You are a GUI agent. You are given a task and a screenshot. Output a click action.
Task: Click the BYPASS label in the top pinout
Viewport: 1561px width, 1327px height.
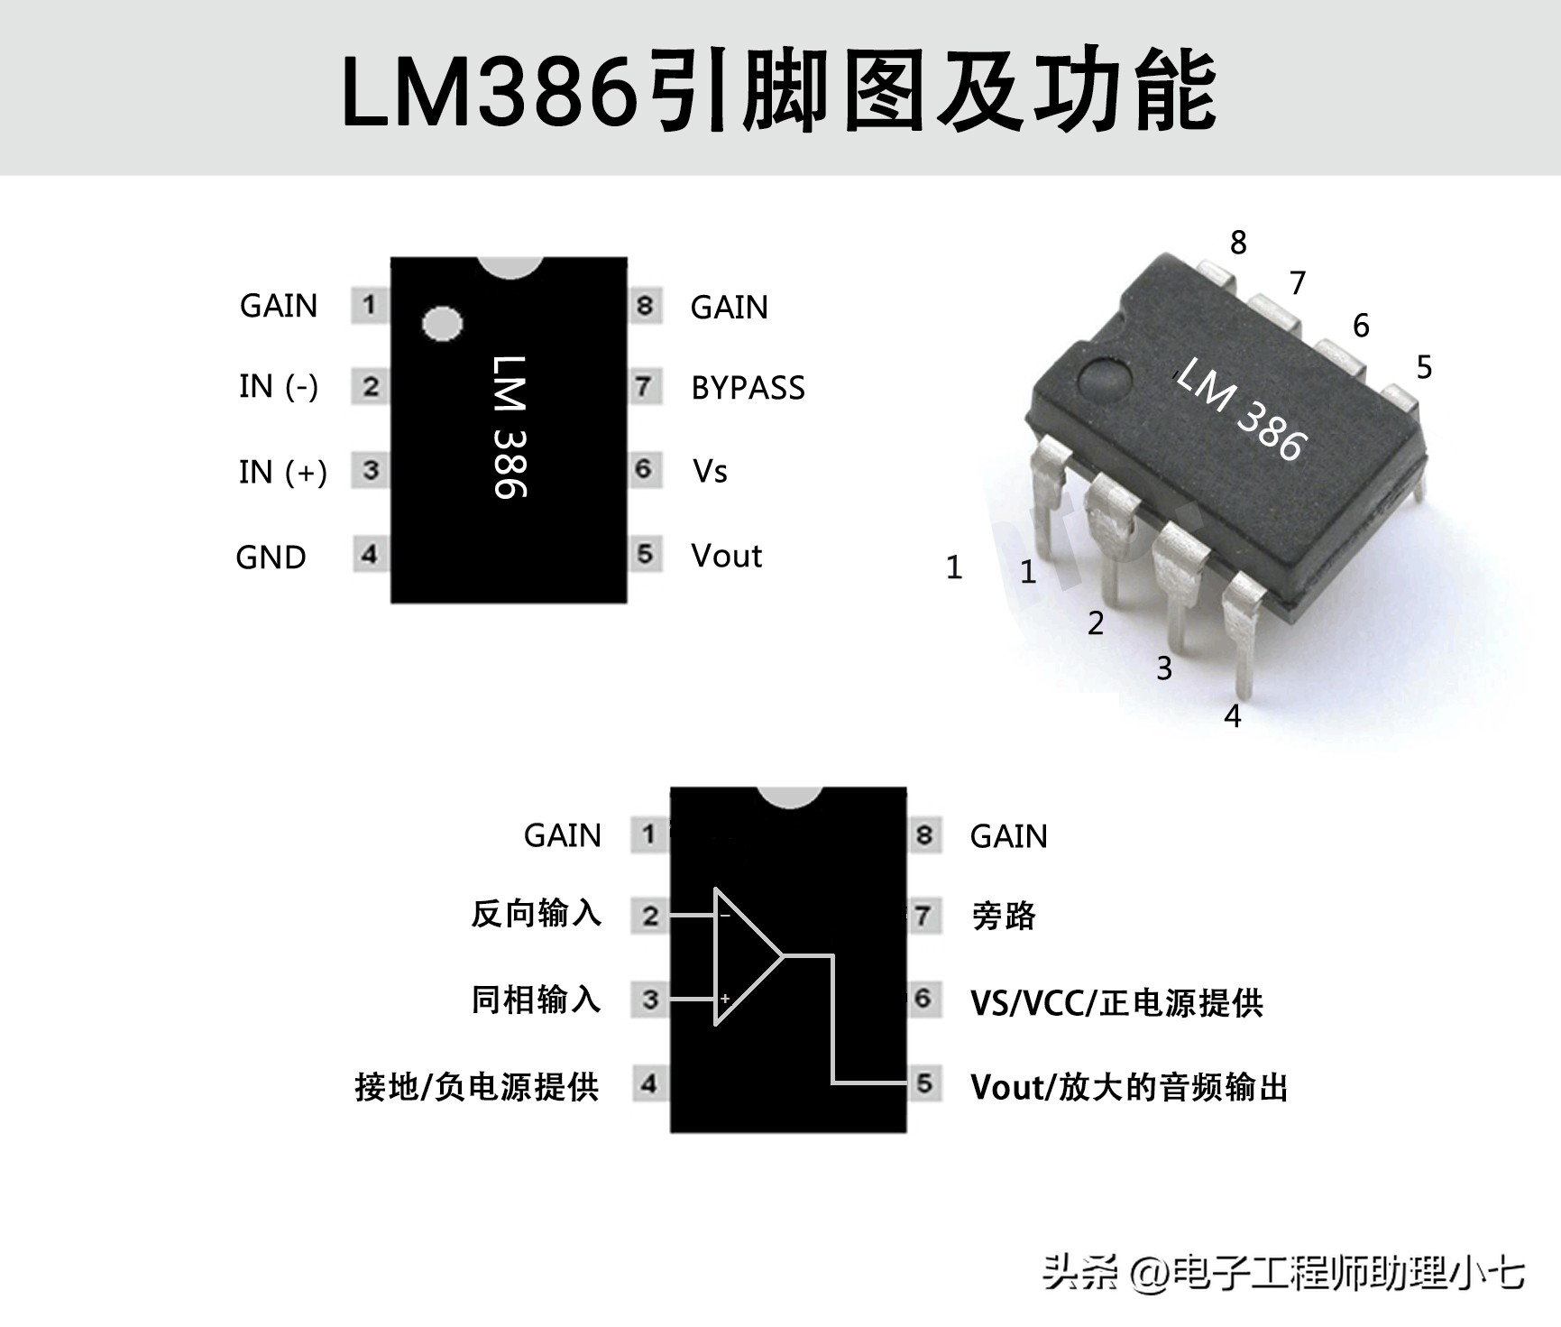pos(748,388)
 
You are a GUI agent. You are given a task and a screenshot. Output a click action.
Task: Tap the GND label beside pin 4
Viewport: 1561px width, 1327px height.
pos(271,558)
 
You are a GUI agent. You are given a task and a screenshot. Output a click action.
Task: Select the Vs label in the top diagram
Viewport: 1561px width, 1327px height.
pos(710,471)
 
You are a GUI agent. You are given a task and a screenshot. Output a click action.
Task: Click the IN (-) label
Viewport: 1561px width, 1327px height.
pos(279,386)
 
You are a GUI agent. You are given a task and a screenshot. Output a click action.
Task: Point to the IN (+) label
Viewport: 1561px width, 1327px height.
pos(282,472)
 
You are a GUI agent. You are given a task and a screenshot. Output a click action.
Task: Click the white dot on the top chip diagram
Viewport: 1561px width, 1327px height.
pos(442,324)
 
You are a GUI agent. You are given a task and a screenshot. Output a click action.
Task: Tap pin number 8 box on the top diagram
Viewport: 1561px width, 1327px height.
pos(645,306)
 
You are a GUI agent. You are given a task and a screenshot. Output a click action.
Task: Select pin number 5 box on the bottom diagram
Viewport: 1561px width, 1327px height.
pos(923,1083)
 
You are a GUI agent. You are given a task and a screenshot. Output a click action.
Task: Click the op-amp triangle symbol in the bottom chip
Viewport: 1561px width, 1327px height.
pos(745,956)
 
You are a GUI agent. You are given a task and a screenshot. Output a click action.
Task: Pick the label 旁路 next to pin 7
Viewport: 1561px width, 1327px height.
pos(1004,917)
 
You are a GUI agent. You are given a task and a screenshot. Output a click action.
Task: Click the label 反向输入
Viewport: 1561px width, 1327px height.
pos(536,914)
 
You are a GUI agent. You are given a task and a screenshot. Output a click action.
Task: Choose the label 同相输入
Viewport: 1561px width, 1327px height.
pos(536,1000)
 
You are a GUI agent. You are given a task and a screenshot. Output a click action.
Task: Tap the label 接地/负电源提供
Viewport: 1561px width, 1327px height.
pos(477,1087)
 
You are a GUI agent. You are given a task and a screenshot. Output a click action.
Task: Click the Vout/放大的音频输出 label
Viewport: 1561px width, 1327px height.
pos(1128,1087)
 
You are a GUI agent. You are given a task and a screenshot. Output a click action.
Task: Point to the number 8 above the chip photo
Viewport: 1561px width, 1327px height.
pos(1238,242)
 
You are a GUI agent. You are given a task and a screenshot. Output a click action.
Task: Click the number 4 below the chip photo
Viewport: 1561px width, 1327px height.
pos(1233,716)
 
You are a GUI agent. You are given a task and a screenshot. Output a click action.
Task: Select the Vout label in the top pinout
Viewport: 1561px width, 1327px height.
pos(726,556)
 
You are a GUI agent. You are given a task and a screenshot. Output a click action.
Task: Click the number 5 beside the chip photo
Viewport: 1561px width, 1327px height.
pos(1424,367)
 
